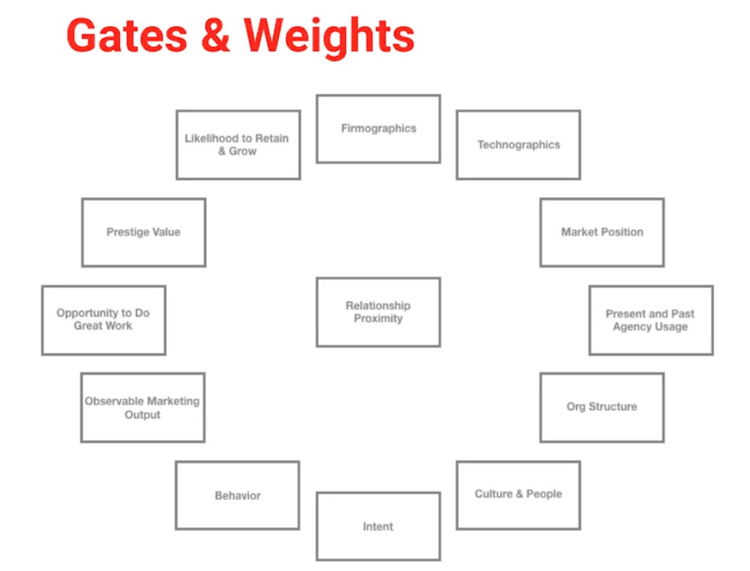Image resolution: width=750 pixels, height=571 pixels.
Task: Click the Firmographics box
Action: [x=378, y=129]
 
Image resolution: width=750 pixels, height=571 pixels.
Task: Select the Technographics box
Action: [x=519, y=145]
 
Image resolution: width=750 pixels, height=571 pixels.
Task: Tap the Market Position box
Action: [x=602, y=232]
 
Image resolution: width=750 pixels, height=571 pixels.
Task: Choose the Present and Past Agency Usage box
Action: [x=650, y=320]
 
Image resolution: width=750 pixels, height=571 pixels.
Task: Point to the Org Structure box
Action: [x=602, y=407]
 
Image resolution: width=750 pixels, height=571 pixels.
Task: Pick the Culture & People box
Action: [x=519, y=495]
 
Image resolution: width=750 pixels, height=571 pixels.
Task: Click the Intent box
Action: [x=378, y=526]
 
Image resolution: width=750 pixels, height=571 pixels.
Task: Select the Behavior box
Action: [x=237, y=496]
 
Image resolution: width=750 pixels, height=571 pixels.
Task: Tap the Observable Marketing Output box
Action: [x=142, y=408]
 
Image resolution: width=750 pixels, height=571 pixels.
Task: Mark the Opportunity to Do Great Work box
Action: [x=103, y=320]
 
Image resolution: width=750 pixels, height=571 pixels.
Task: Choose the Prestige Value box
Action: [x=144, y=232]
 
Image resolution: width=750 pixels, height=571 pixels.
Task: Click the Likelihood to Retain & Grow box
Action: [x=237, y=144]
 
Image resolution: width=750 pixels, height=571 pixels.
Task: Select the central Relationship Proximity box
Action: [x=378, y=312]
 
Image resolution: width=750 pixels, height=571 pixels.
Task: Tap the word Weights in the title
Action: [x=329, y=37]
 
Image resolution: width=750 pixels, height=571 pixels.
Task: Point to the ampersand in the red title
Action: [x=215, y=37]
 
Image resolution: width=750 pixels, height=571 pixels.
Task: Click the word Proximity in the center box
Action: [x=378, y=319]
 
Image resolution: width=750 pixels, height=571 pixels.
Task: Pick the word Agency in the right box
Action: [x=632, y=326]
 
